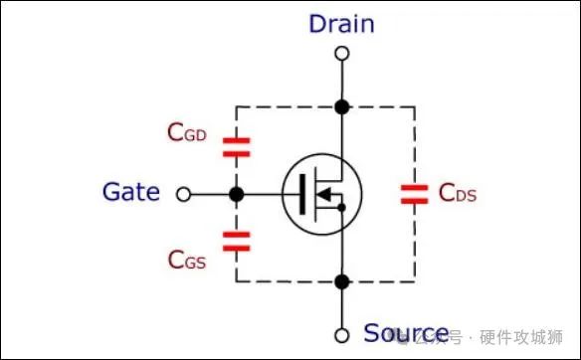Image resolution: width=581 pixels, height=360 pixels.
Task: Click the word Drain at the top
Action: pyautogui.click(x=341, y=24)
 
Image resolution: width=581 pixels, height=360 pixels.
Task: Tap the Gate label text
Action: pyautogui.click(x=130, y=192)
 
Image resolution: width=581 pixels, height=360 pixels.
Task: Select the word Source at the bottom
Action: pyautogui.click(x=405, y=333)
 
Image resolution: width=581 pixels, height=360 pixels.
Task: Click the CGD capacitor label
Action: pyautogui.click(x=187, y=131)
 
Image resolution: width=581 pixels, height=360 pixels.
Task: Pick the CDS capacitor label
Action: pyautogui.click(x=459, y=193)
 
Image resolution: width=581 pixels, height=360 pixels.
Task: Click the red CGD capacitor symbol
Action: pyautogui.click(x=237, y=149)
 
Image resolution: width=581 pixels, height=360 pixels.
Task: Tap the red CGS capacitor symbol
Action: pyautogui.click(x=237, y=239)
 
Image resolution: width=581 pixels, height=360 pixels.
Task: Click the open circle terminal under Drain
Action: pyautogui.click(x=341, y=54)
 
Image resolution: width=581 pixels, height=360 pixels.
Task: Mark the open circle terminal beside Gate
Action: pyautogui.click(x=183, y=195)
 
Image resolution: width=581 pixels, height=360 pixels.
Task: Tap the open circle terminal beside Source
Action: pyautogui.click(x=341, y=334)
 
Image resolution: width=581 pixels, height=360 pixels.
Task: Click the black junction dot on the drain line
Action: pyautogui.click(x=341, y=105)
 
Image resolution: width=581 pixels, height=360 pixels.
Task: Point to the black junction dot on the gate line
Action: pyautogui.click(x=237, y=195)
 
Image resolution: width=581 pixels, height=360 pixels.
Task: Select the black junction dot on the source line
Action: pyautogui.click(x=341, y=282)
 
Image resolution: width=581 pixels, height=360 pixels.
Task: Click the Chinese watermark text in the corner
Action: pyautogui.click(x=497, y=335)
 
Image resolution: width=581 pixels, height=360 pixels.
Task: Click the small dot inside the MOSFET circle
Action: pyautogui.click(x=341, y=207)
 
